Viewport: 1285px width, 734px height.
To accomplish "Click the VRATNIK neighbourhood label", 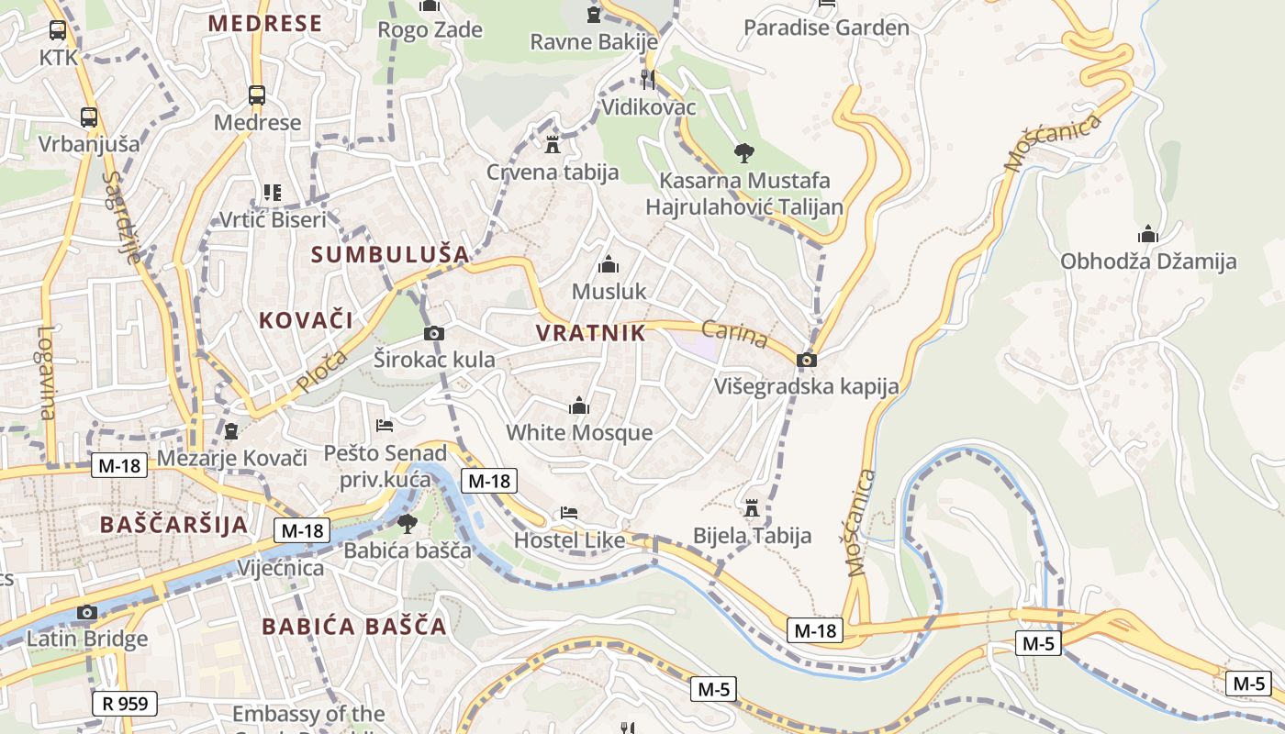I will [x=590, y=333].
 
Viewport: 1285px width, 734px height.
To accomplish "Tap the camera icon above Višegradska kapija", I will [x=807, y=360].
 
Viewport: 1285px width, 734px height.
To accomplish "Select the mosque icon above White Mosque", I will [x=579, y=406].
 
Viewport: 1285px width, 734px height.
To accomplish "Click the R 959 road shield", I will [x=125, y=704].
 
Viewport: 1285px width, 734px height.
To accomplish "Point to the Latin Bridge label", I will [x=87, y=639].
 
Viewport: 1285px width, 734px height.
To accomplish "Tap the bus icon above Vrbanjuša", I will [x=89, y=117].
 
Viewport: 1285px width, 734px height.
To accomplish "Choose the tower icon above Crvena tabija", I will [x=553, y=145].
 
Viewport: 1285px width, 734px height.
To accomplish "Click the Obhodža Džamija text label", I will [x=1148, y=261].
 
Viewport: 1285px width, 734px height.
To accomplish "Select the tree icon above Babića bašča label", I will [x=407, y=524].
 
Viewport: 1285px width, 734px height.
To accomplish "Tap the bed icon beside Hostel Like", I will [x=569, y=513].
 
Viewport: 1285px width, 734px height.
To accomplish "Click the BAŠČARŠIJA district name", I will [x=173, y=525].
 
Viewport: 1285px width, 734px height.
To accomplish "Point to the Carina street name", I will [x=734, y=334].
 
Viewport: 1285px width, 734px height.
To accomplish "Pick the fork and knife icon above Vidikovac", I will [x=648, y=80].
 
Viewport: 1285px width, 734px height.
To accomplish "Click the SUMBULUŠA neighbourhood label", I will [x=390, y=254].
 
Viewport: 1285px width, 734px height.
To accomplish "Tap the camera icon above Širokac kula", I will [x=434, y=333].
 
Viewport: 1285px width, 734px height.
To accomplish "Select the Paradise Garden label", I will [x=826, y=28].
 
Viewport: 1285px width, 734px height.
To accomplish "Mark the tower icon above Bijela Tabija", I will [x=752, y=507].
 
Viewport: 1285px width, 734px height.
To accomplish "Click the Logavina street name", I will [x=47, y=373].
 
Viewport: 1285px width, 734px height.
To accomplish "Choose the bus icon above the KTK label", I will [x=58, y=30].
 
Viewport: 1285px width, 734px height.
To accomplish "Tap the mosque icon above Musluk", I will [x=609, y=265].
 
